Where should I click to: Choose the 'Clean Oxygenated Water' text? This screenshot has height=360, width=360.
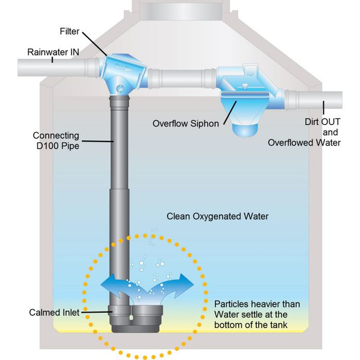(217, 216)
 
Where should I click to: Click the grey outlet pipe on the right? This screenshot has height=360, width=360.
(314, 97)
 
